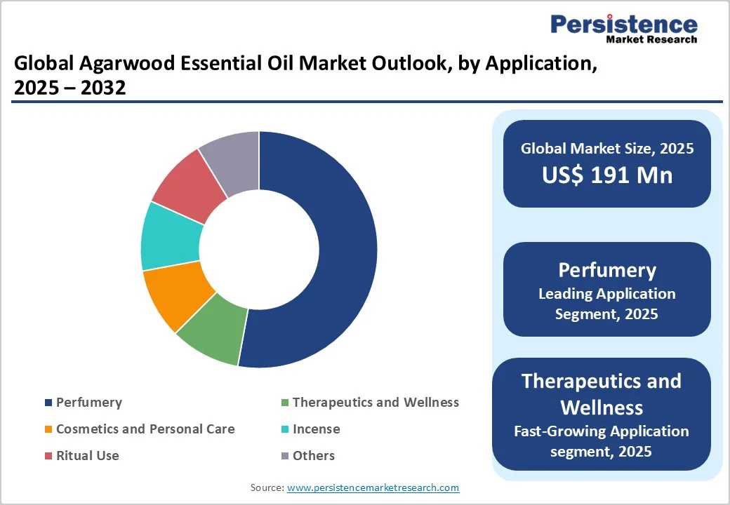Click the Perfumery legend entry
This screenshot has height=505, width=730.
[88, 403]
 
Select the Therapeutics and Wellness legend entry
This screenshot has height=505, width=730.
[375, 403]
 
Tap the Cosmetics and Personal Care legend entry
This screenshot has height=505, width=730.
[145, 429]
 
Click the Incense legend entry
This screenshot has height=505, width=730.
[315, 429]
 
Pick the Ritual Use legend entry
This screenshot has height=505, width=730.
[87, 456]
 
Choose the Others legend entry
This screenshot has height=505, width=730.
[313, 456]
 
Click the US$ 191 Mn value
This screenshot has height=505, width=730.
[607, 175]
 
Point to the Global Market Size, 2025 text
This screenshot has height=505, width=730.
[607, 149]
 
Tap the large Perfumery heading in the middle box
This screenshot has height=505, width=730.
[607, 270]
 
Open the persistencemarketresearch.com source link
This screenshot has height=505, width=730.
[373, 487]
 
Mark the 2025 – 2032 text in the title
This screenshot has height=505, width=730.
[69, 89]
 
